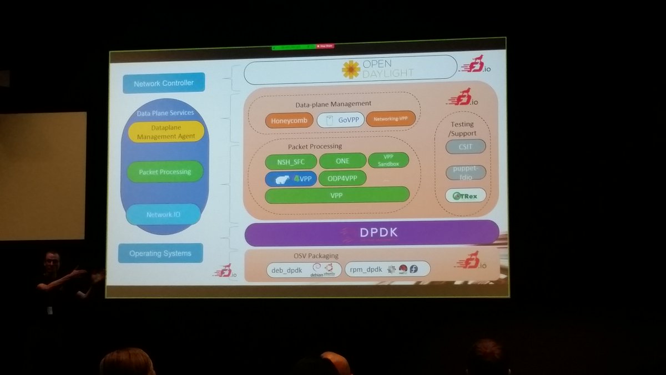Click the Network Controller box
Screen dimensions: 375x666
click(x=163, y=83)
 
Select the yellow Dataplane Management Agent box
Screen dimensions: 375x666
click(x=167, y=132)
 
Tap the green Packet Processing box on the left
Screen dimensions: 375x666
click(x=165, y=172)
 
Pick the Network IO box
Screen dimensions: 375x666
click(x=163, y=214)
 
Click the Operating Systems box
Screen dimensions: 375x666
click(x=160, y=253)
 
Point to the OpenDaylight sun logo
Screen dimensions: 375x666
click(x=351, y=69)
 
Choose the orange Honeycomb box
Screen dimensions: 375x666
click(x=289, y=120)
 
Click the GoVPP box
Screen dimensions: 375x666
click(x=341, y=120)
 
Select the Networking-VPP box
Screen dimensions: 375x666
click(x=391, y=119)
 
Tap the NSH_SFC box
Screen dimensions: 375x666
click(x=290, y=162)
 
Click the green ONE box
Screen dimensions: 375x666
click(x=342, y=161)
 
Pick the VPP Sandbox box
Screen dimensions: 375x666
click(x=388, y=161)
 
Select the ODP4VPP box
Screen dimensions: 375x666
click(x=342, y=178)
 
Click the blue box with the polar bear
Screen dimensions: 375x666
click(x=291, y=179)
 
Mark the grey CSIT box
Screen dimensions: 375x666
click(x=466, y=147)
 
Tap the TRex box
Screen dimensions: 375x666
click(x=466, y=195)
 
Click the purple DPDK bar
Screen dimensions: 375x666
click(x=371, y=233)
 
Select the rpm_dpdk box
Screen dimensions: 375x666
click(x=387, y=269)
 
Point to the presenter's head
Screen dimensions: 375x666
click(x=52, y=261)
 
